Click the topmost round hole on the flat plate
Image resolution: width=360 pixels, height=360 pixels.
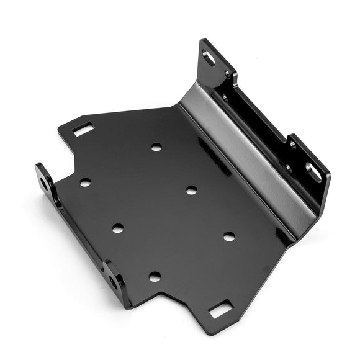pyautogui.click(x=156, y=147)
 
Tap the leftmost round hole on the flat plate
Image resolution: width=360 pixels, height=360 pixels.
pyautogui.click(x=85, y=182)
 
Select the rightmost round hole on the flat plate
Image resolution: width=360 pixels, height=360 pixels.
pyautogui.click(x=229, y=236)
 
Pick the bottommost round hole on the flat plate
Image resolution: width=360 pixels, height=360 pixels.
pyautogui.click(x=155, y=276)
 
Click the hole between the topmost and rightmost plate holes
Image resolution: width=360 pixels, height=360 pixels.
pyautogui.click(x=191, y=190)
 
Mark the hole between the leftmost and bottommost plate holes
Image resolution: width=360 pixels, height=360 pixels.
pyautogui.click(x=117, y=228)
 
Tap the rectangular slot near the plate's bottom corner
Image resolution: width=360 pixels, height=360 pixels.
pyautogui.click(x=220, y=308)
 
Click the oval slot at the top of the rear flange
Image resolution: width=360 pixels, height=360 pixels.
pyautogui.click(x=209, y=58)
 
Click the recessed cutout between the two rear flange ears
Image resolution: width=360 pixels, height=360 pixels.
pyautogui.click(x=261, y=118)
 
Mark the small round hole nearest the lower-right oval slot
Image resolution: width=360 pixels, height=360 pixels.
pyautogui.click(x=292, y=145)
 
